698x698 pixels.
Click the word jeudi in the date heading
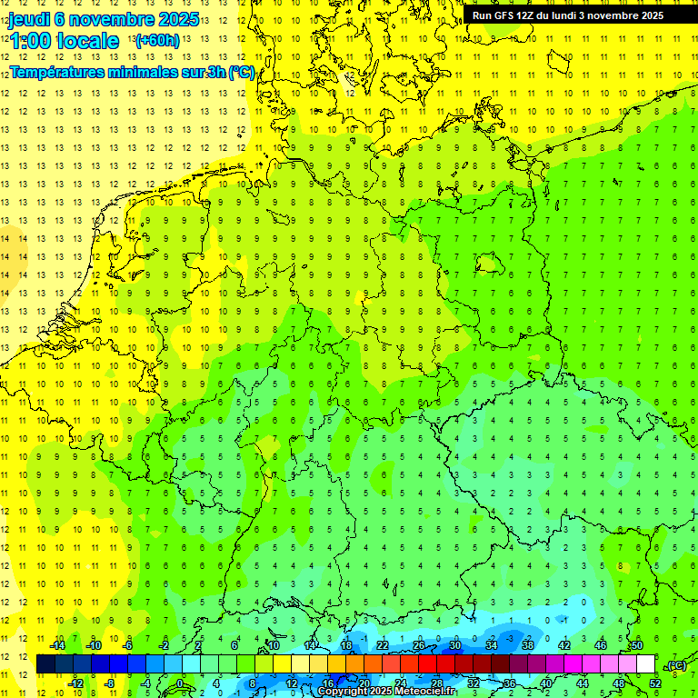tap(29, 19)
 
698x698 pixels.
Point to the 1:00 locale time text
tap(64, 41)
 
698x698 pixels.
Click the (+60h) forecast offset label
tap(156, 41)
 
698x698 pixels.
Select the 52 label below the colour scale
tap(654, 683)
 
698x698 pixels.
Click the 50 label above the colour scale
tap(636, 645)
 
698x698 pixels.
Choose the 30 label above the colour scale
tap(455, 645)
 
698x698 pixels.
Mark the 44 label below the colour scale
tap(582, 683)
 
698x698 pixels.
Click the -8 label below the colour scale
tap(111, 683)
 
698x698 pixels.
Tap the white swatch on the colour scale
tap(645, 664)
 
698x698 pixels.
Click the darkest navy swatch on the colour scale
tap(45, 664)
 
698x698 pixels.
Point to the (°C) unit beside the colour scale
tap(675, 665)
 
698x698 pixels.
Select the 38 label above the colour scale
tap(527, 645)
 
